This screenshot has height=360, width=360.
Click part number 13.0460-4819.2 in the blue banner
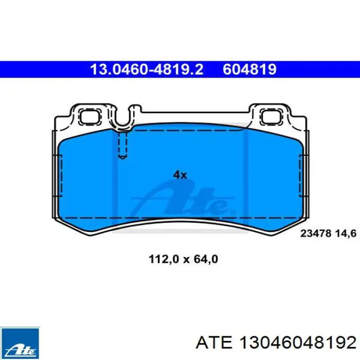[147, 69]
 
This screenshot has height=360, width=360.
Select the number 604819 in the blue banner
[249, 69]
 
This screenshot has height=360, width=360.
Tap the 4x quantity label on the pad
[180, 175]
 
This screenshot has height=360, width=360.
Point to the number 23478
[316, 233]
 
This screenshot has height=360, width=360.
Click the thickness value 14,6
[346, 233]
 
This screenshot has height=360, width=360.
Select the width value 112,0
[164, 259]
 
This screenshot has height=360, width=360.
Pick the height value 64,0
[206, 259]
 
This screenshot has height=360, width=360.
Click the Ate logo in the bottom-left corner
[20, 344]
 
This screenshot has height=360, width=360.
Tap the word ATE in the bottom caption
[214, 343]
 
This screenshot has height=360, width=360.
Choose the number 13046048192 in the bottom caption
[298, 343]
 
